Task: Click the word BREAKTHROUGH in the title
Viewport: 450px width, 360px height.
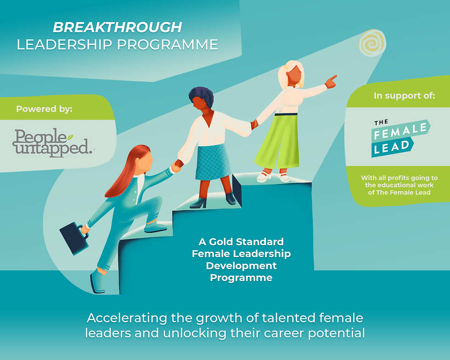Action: pos(118,28)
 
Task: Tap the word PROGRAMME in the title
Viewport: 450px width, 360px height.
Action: pos(168,45)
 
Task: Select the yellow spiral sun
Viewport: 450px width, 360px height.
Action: pos(372,43)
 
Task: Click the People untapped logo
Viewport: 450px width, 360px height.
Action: pos(53,143)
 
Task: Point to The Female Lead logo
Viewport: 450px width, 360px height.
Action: pos(400,138)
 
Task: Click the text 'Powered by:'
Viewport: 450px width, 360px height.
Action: pos(44,109)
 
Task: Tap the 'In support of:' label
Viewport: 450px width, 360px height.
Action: pos(404,96)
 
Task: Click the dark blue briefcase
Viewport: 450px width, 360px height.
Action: pos(74,238)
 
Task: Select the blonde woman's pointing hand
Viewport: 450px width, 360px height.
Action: pos(331,81)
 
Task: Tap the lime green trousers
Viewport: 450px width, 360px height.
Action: pos(277,141)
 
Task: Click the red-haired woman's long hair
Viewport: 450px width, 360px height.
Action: pos(126,172)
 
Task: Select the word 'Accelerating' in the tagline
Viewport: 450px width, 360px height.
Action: pos(127,318)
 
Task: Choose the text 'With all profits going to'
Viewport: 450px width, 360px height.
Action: pos(399,178)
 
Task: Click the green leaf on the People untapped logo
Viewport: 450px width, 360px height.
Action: pos(70,137)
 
